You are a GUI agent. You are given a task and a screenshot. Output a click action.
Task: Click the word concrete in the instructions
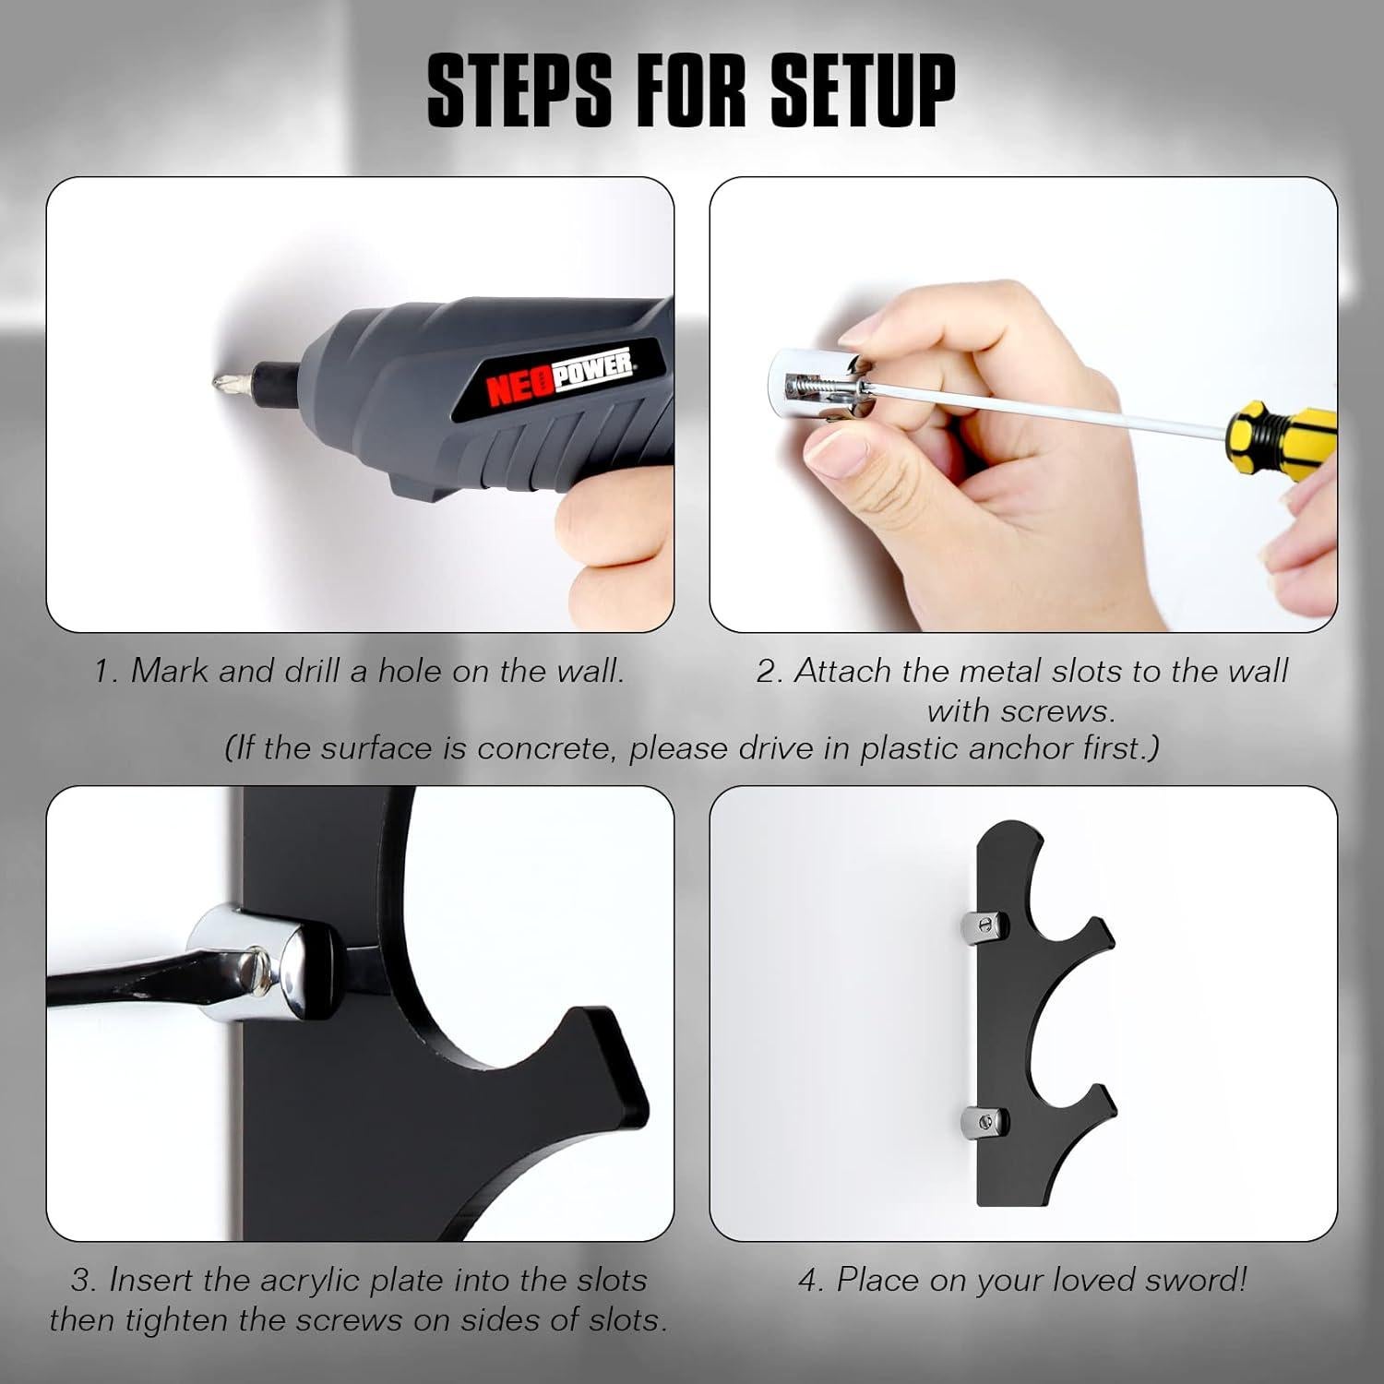pos(544,748)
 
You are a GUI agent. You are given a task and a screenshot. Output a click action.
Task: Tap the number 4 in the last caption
pos(808,1280)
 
